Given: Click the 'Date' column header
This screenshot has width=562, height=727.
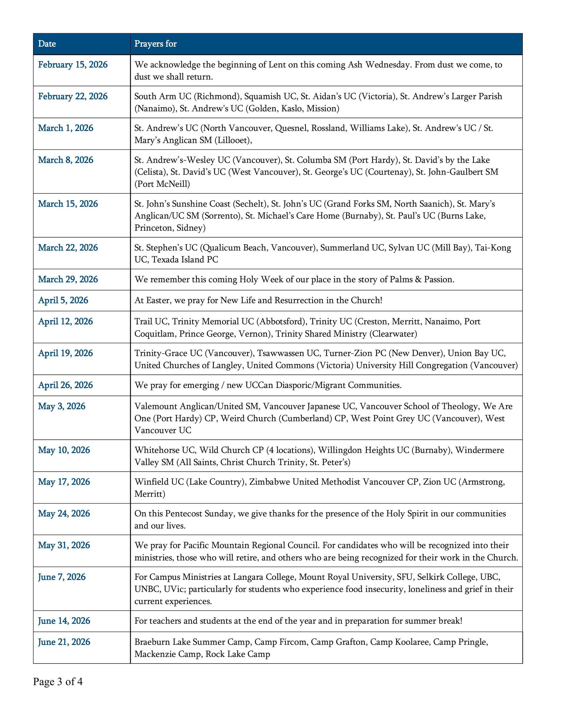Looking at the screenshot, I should click(x=47, y=44).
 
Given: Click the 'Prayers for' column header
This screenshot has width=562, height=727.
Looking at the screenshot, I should click(x=155, y=44).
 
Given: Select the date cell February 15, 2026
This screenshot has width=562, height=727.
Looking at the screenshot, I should click(x=73, y=65).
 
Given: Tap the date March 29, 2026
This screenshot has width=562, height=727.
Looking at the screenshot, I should click(x=68, y=279).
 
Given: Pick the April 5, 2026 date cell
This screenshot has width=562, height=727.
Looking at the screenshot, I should click(x=63, y=300).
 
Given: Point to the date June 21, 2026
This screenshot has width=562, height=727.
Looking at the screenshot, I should click(x=64, y=642).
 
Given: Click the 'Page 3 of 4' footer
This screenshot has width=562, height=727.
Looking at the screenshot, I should click(x=58, y=682).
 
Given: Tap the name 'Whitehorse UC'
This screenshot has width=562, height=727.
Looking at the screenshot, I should click(x=165, y=450).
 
